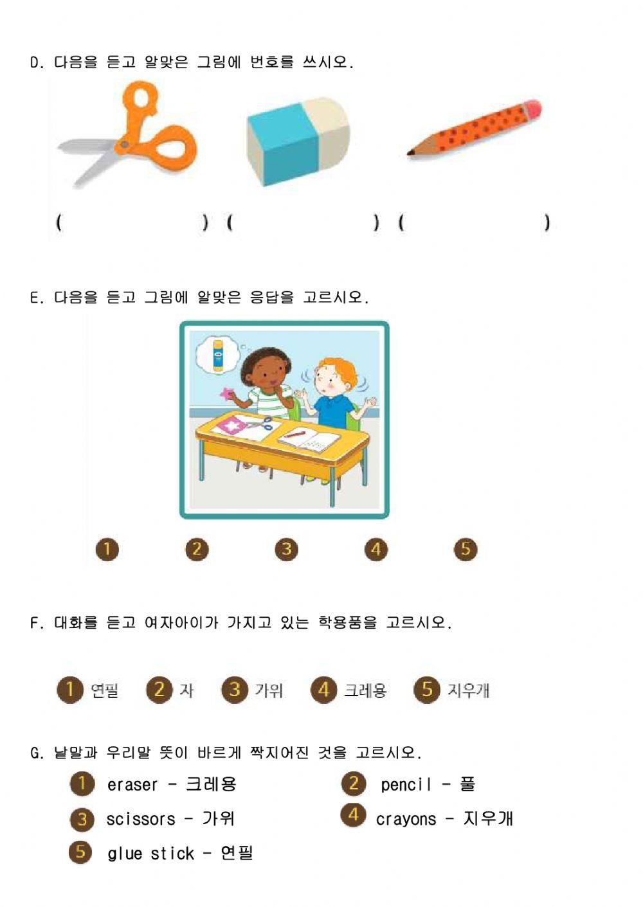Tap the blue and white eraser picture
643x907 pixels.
[x=297, y=141]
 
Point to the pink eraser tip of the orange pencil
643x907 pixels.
[x=532, y=109]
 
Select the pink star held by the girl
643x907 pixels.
[x=227, y=393]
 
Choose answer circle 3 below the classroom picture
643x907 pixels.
[x=286, y=550]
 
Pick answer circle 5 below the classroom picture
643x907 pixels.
[x=466, y=550]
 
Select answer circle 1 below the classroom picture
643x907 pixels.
[x=107, y=550]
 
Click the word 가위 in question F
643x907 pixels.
[x=269, y=691]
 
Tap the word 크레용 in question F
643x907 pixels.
[x=365, y=691]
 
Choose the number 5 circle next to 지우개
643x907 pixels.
[x=426, y=690]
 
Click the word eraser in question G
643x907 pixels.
[x=132, y=785]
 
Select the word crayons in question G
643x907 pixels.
[x=406, y=820]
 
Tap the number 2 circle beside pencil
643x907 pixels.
[x=353, y=784]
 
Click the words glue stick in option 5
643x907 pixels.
[x=150, y=854]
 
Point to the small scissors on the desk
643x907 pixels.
[x=260, y=424]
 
